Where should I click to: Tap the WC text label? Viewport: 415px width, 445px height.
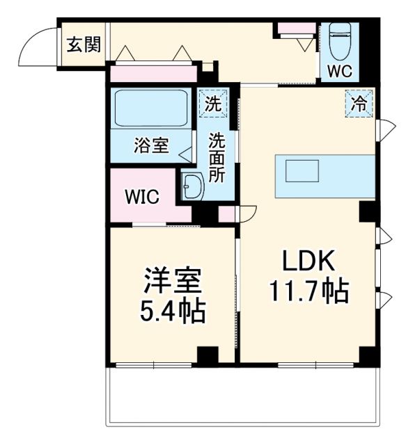340,70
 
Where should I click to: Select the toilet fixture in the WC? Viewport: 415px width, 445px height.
340,43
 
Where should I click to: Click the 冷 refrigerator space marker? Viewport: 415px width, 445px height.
359,104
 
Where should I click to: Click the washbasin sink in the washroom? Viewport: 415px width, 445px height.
191,187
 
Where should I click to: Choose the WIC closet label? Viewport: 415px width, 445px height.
142,197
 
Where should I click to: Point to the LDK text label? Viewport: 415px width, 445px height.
309,262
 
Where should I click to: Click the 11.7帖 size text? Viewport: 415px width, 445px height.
309,292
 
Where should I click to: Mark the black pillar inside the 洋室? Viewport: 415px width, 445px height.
207,355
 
